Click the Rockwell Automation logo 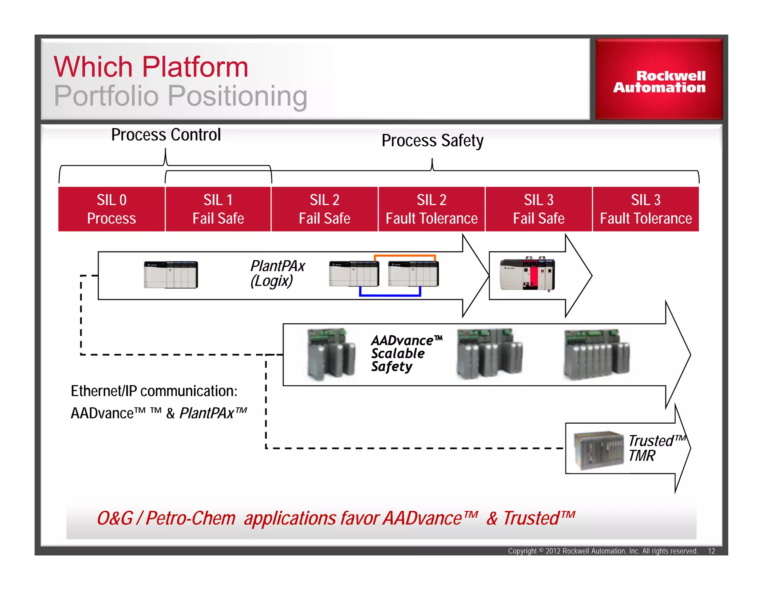click(659, 81)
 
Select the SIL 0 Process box click(111, 209)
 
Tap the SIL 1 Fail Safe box click(218, 209)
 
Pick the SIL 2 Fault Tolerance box click(431, 209)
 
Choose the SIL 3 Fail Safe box click(538, 209)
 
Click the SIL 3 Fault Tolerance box click(646, 209)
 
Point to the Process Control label click(166, 135)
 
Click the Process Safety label click(432, 141)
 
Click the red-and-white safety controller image click(527, 274)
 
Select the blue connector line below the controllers click(390, 295)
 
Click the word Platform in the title click(195, 67)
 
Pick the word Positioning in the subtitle click(237, 96)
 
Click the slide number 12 click(711, 551)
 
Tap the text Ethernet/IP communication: click(154, 391)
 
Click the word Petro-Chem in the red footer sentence click(190, 518)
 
